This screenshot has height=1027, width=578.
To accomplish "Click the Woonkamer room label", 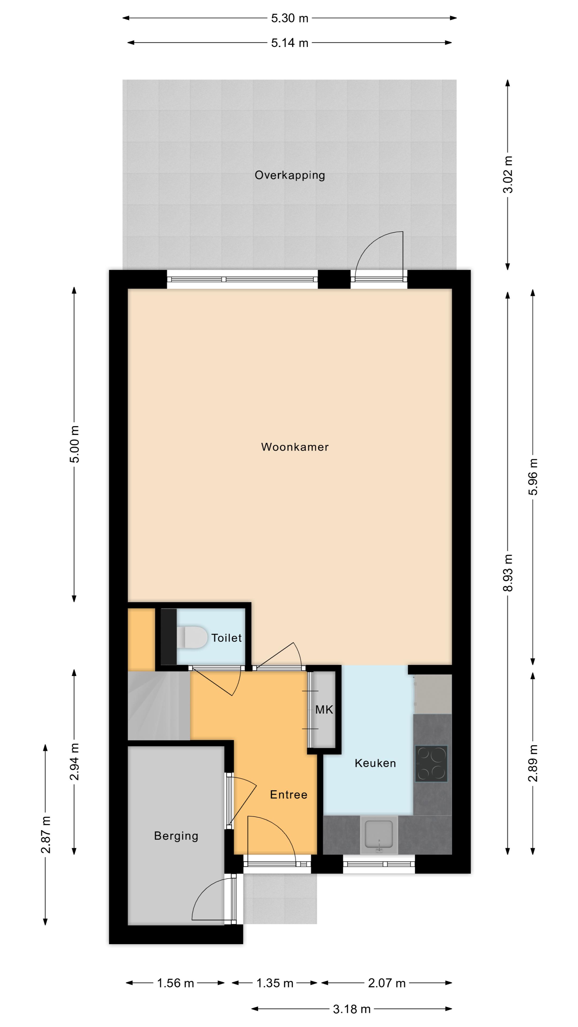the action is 295,447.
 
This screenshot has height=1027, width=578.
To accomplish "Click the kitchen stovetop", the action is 431,764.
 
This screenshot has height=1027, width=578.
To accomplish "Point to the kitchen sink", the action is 379,834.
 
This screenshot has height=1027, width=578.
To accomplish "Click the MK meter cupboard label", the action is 324,710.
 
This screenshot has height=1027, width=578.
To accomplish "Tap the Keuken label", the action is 375,763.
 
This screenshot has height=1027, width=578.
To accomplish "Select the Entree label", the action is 288,795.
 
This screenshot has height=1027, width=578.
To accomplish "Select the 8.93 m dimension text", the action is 508,573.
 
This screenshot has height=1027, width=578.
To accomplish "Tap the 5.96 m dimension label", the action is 533,477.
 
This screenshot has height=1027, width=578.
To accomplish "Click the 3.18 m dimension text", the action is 352,1009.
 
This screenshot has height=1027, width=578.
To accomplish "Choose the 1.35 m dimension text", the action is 275,983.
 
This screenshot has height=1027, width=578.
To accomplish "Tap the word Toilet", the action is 227,638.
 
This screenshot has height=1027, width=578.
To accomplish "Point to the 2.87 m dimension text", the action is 45,834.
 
